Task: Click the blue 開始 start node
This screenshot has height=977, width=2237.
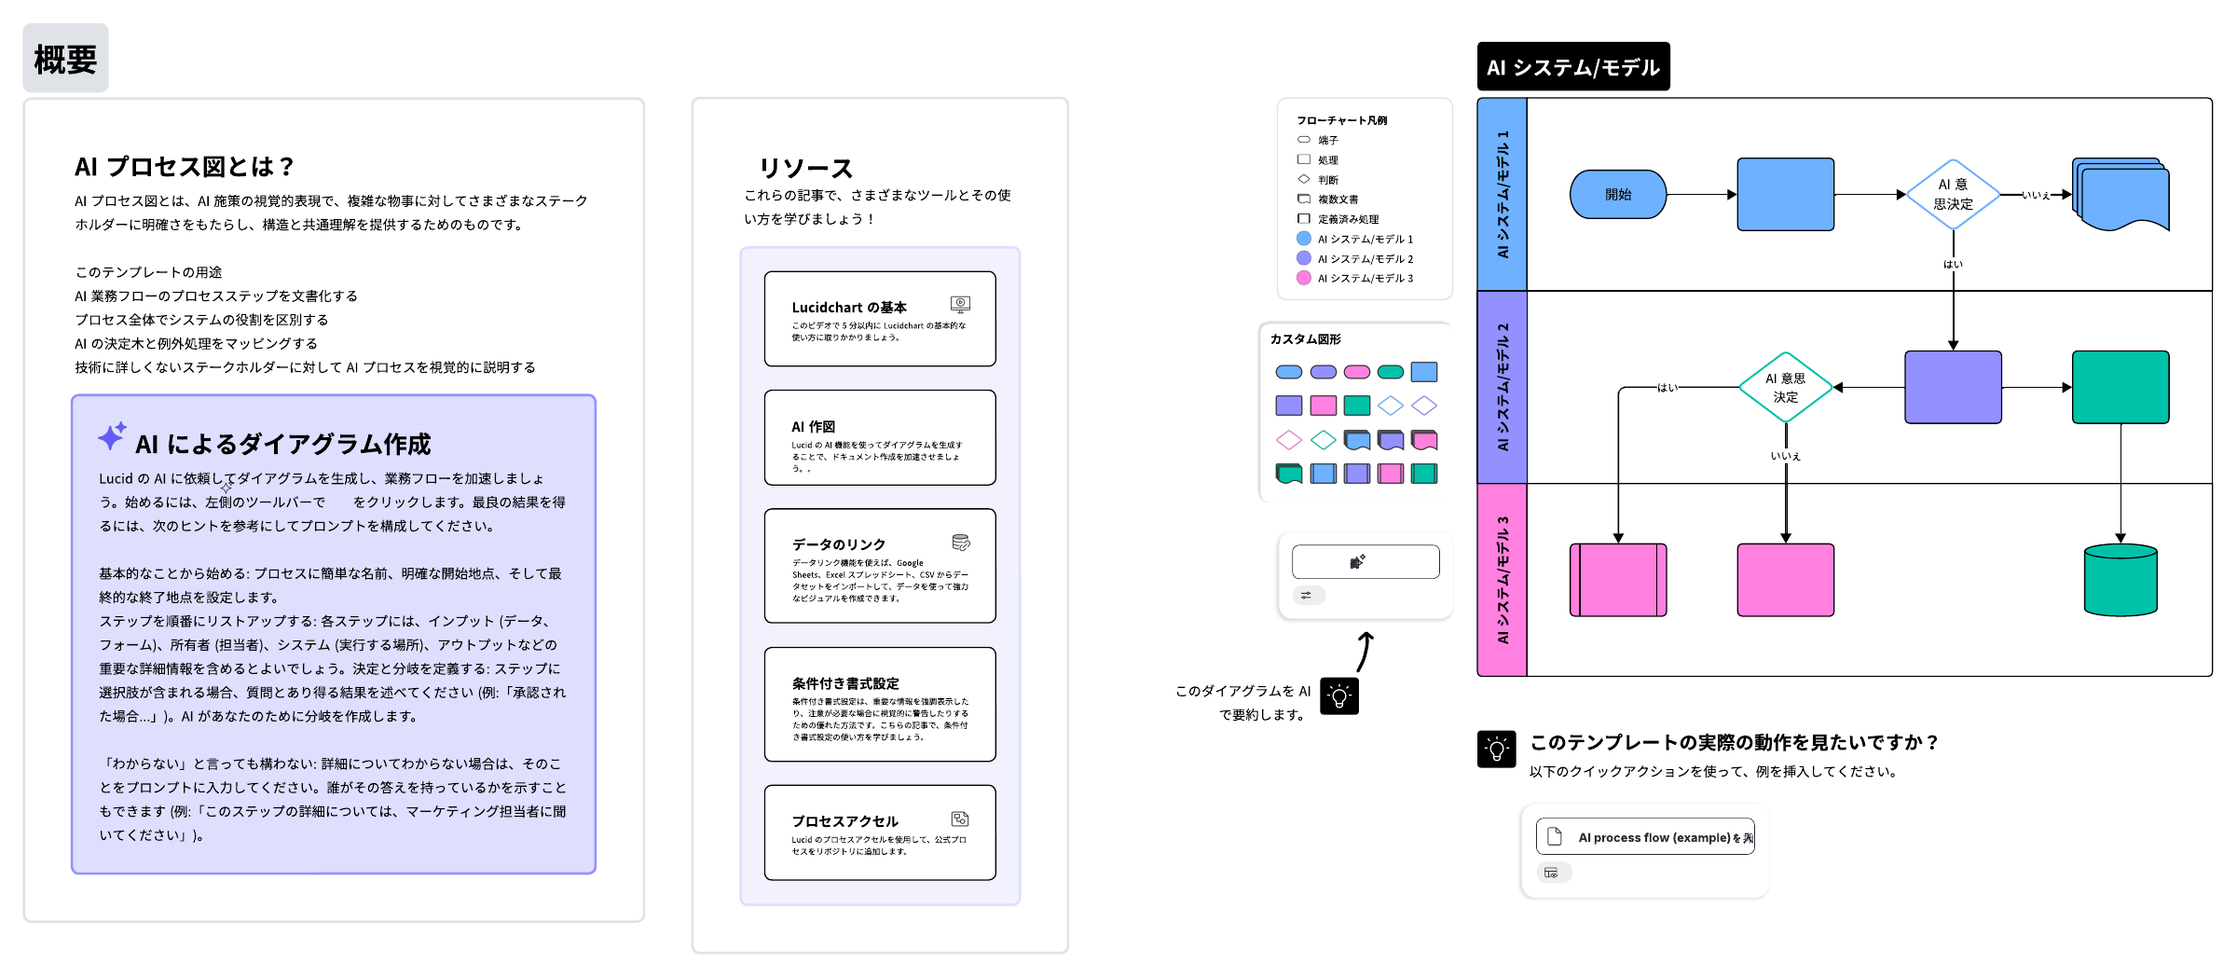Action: point(1617,195)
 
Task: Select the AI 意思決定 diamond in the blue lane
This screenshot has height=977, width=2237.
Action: point(1953,195)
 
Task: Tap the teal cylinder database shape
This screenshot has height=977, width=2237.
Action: point(2120,580)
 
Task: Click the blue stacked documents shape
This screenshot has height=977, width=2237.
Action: point(2121,194)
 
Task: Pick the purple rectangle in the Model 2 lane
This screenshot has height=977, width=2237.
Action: point(1953,387)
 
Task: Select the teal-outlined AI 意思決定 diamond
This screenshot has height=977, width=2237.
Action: point(1785,388)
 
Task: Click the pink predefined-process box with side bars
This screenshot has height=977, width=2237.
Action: point(1618,580)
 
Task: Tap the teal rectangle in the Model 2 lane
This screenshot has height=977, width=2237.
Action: point(2120,387)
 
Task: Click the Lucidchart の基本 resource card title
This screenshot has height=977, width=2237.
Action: point(849,308)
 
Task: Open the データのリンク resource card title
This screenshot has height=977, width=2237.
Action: point(839,544)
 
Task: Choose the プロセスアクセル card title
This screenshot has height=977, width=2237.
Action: point(844,821)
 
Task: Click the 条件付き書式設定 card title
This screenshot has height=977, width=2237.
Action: point(845,683)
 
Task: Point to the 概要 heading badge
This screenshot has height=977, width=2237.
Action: point(65,59)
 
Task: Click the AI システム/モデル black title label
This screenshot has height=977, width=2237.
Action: point(1572,67)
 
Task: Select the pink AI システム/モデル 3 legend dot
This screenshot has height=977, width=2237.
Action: point(1304,278)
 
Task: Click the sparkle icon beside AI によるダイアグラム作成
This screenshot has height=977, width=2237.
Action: point(112,436)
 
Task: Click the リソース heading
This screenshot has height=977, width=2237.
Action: point(806,169)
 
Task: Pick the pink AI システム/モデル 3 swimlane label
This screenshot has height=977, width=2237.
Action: point(1502,580)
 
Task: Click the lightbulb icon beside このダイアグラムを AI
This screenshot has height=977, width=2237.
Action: point(1339,696)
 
